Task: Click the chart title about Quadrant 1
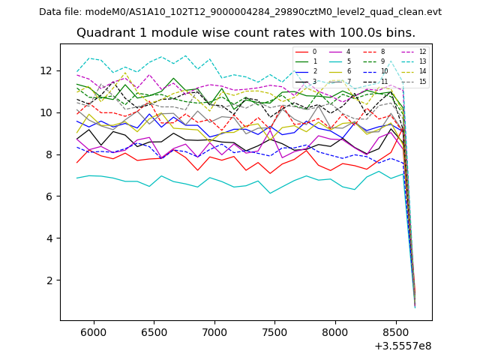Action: pos(246,33)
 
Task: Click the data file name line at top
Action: pos(240,11)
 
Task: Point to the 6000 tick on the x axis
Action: pos(93,331)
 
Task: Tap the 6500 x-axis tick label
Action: pos(154,331)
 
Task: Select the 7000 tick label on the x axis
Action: pos(214,331)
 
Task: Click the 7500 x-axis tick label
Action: pos(274,331)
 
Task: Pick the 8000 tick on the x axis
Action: pos(335,331)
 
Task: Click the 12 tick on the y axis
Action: pos(46,70)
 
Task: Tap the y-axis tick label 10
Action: pos(46,112)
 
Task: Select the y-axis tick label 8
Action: pos(49,154)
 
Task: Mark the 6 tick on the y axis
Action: pos(49,196)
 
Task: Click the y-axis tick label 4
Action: pos(49,238)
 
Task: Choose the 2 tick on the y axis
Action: pos(49,280)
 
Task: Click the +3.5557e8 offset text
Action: pos(402,346)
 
